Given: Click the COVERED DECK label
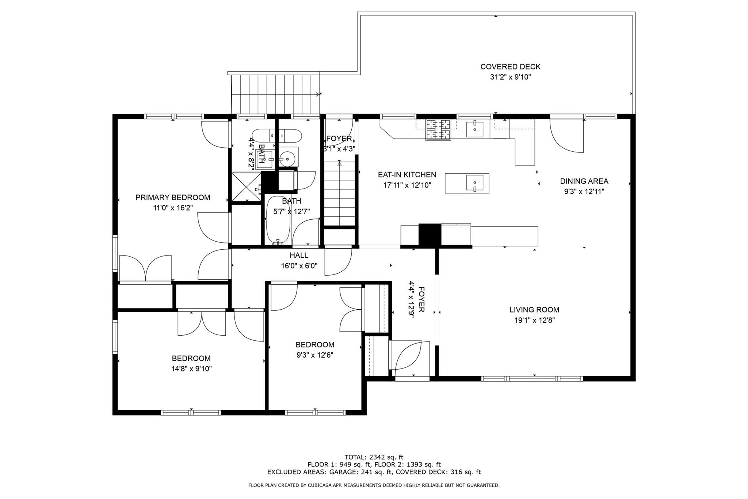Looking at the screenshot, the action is click(x=510, y=67).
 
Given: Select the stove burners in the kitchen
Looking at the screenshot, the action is click(x=438, y=130).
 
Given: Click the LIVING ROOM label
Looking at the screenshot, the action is click(x=534, y=310).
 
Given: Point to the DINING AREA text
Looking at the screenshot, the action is click(x=584, y=181).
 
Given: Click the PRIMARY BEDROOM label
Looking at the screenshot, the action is click(x=173, y=197).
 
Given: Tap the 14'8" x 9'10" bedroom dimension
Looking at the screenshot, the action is click(x=191, y=368).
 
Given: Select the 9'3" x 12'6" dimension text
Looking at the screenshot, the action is click(x=315, y=355).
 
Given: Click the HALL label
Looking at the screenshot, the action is click(x=299, y=255).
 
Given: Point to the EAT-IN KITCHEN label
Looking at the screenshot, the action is click(x=407, y=175).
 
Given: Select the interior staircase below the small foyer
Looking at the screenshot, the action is click(x=340, y=193).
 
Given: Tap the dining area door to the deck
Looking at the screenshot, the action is click(x=566, y=136).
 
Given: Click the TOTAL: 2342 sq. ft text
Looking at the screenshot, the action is click(x=374, y=457).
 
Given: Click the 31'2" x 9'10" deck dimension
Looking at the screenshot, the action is click(x=510, y=77).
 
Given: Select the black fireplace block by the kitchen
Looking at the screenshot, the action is click(x=430, y=235).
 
